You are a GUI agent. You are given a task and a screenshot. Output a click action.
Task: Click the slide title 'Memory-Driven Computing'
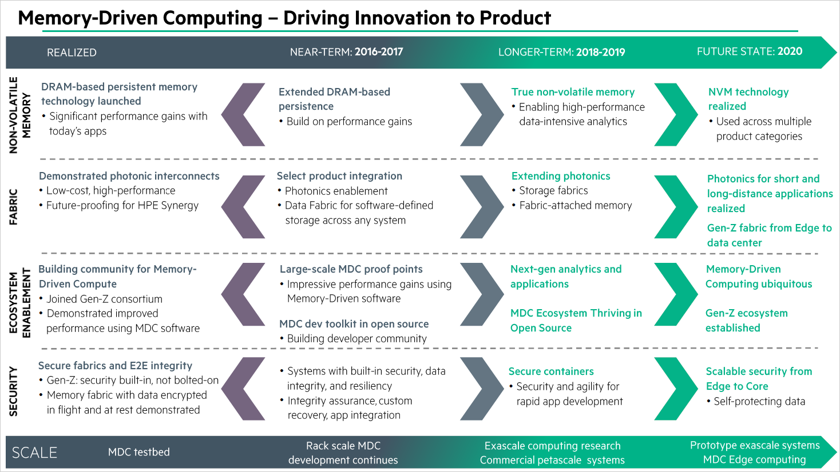[140, 18]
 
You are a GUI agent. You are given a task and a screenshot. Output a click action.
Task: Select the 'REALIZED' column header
[72, 53]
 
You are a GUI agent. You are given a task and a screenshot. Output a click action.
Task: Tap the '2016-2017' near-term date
[378, 52]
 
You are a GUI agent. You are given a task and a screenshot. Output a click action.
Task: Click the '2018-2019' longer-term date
[600, 53]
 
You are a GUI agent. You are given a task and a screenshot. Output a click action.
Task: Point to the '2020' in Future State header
[790, 51]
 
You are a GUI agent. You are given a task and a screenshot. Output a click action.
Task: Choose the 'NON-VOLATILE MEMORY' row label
[19, 115]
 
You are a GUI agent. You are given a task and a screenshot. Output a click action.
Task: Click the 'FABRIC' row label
[14, 207]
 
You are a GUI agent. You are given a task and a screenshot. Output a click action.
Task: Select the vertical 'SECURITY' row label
[14, 391]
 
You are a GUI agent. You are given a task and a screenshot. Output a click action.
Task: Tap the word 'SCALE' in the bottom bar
[34, 453]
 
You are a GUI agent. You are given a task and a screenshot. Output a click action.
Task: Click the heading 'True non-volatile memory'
[573, 92]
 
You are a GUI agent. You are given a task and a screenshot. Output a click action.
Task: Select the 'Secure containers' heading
[551, 371]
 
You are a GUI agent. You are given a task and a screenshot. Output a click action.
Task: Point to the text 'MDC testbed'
[139, 452]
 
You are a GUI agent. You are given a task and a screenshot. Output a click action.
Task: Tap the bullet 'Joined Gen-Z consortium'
[104, 299]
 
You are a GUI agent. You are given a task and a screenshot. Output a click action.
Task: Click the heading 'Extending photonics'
[561, 176]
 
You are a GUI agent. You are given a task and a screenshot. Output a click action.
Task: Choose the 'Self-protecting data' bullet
[759, 401]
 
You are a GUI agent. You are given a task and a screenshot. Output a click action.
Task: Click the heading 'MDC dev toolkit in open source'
[354, 324]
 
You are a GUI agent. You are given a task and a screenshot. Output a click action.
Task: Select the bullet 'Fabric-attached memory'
[575, 206]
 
